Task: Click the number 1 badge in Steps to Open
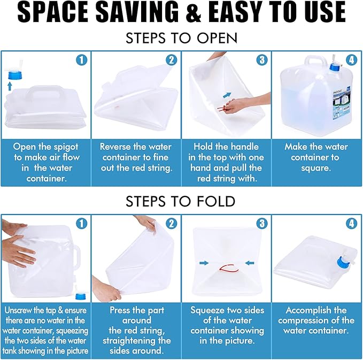[x=81, y=60]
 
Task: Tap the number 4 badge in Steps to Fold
[x=351, y=223]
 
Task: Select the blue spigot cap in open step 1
[x=14, y=75]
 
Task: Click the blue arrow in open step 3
[x=227, y=95]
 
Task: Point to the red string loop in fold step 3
[x=229, y=269]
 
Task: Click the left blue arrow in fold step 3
[x=204, y=263]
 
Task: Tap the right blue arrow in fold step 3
[x=250, y=263]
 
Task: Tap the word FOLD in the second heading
[x=216, y=201]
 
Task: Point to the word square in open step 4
[x=316, y=168]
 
